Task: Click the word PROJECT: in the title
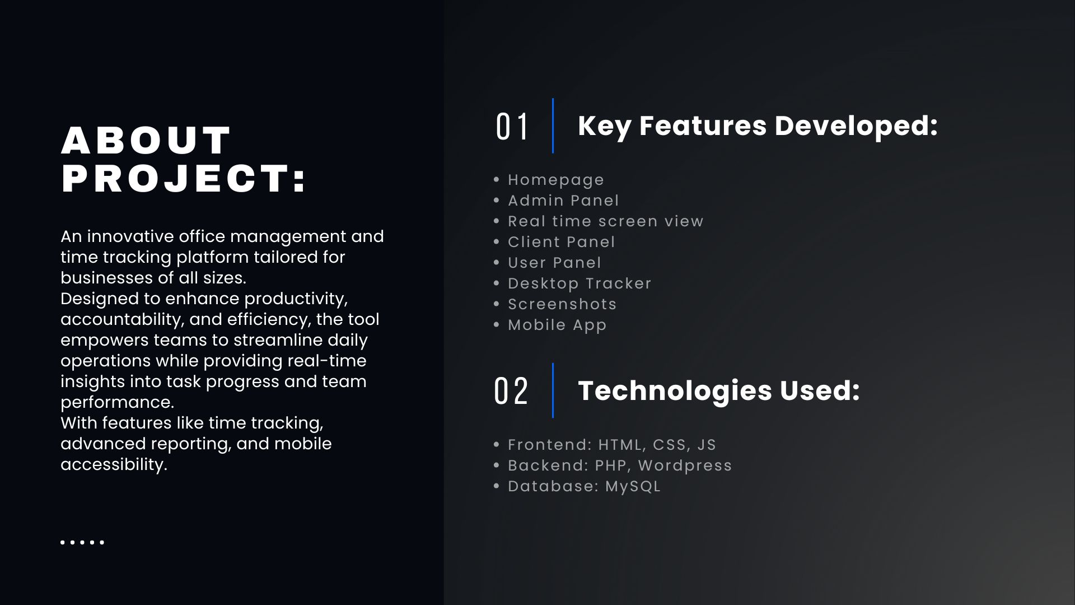(184, 179)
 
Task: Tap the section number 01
(512, 127)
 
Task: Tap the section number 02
(511, 391)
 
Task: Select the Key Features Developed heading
(758, 125)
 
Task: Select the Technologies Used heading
(719, 390)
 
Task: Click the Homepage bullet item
(556, 180)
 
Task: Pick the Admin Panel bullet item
(563, 200)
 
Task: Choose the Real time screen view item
(605, 221)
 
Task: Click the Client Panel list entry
(561, 241)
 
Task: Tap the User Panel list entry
(554, 262)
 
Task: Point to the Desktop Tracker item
(579, 283)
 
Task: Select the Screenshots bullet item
(562, 304)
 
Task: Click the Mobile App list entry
(557, 325)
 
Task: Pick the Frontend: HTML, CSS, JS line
(612, 445)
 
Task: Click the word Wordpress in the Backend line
(685, 466)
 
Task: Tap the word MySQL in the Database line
(633, 486)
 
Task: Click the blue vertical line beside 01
(553, 125)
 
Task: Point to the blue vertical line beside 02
(553, 390)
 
